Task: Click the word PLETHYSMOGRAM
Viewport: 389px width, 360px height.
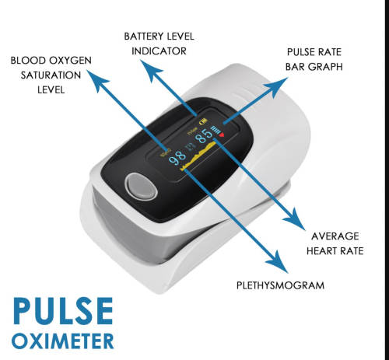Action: point(280,285)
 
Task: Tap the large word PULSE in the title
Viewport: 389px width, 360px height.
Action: point(63,311)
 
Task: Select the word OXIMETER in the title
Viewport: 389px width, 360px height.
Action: point(63,341)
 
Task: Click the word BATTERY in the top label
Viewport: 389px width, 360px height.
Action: point(144,37)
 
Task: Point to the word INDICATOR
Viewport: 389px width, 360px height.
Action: point(159,51)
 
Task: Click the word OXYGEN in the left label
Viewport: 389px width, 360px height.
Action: point(70,61)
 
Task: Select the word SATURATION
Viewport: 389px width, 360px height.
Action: point(51,75)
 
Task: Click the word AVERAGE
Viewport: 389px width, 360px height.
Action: point(335,236)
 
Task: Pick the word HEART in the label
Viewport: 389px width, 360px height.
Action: point(322,251)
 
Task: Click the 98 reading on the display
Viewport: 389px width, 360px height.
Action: point(177,156)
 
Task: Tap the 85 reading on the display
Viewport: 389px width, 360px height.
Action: point(204,135)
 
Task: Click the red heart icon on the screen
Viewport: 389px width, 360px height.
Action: point(222,135)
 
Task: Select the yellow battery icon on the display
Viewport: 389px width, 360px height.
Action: point(203,121)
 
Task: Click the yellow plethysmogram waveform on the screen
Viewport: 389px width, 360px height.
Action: point(198,156)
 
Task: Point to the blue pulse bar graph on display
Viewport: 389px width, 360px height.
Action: point(216,129)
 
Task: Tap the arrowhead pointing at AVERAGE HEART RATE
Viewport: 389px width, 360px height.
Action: point(295,218)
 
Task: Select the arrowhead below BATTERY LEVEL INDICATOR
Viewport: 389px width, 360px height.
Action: point(151,70)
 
